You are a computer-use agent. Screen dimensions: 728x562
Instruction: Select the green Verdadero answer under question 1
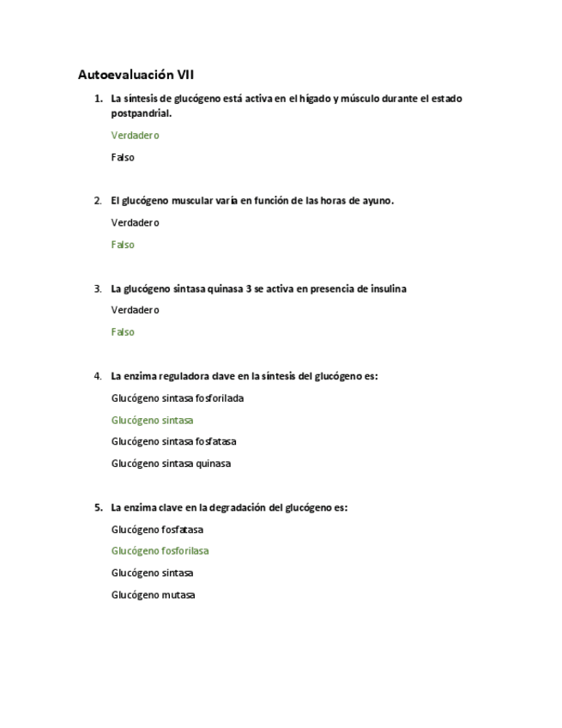click(x=135, y=135)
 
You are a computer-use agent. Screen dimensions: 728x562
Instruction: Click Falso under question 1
click(x=123, y=157)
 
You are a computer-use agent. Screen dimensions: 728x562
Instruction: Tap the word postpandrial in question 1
click(x=141, y=112)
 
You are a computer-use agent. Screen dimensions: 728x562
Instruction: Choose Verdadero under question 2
click(x=135, y=222)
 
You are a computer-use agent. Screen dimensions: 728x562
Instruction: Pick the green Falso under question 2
click(x=123, y=245)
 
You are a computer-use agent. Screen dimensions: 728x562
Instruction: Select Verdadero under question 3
click(x=135, y=310)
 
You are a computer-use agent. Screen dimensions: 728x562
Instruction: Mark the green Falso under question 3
click(x=123, y=332)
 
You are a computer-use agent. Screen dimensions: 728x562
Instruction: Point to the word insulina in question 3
click(x=385, y=288)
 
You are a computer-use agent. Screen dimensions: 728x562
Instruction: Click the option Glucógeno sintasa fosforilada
click(x=178, y=398)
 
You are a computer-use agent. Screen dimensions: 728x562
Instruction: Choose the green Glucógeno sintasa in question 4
click(x=152, y=420)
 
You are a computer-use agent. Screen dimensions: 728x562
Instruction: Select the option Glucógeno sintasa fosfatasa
click(x=173, y=441)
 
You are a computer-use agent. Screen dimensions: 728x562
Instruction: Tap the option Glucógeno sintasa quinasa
click(x=171, y=464)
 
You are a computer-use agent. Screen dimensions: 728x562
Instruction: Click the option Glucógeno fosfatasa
click(x=157, y=530)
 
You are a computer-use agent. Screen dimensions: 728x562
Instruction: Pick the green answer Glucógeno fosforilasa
click(x=160, y=551)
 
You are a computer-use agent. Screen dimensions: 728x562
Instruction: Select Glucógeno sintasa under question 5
click(x=152, y=573)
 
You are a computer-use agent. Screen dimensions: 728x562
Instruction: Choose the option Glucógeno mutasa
click(x=153, y=595)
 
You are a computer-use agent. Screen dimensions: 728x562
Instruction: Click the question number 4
click(x=98, y=376)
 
